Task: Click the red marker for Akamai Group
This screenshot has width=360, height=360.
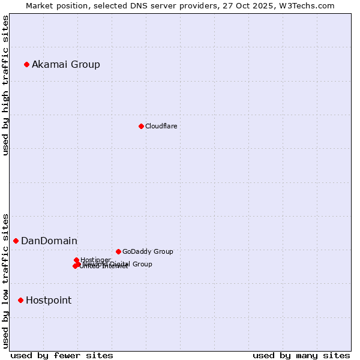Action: [26, 64]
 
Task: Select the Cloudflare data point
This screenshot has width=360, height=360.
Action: [141, 126]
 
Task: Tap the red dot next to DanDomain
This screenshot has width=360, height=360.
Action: [16, 241]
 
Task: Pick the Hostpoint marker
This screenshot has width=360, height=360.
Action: [20, 300]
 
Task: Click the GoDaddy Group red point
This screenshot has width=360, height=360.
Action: [118, 251]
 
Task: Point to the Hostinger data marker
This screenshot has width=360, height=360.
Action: [76, 260]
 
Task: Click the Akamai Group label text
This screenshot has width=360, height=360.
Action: [66, 64]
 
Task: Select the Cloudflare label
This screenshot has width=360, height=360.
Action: [161, 126]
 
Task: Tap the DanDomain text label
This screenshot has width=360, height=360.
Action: [49, 241]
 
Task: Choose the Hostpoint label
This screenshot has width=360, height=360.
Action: [49, 300]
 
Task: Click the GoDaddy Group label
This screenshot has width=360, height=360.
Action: [148, 251]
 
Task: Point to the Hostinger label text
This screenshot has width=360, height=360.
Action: [95, 260]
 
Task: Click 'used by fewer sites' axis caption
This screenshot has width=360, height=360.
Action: [62, 355]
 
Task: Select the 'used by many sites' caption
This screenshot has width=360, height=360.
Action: [301, 355]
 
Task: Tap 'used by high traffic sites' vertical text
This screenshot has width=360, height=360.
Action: [5, 85]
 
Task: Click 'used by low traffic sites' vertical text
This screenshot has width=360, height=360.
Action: [5, 280]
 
